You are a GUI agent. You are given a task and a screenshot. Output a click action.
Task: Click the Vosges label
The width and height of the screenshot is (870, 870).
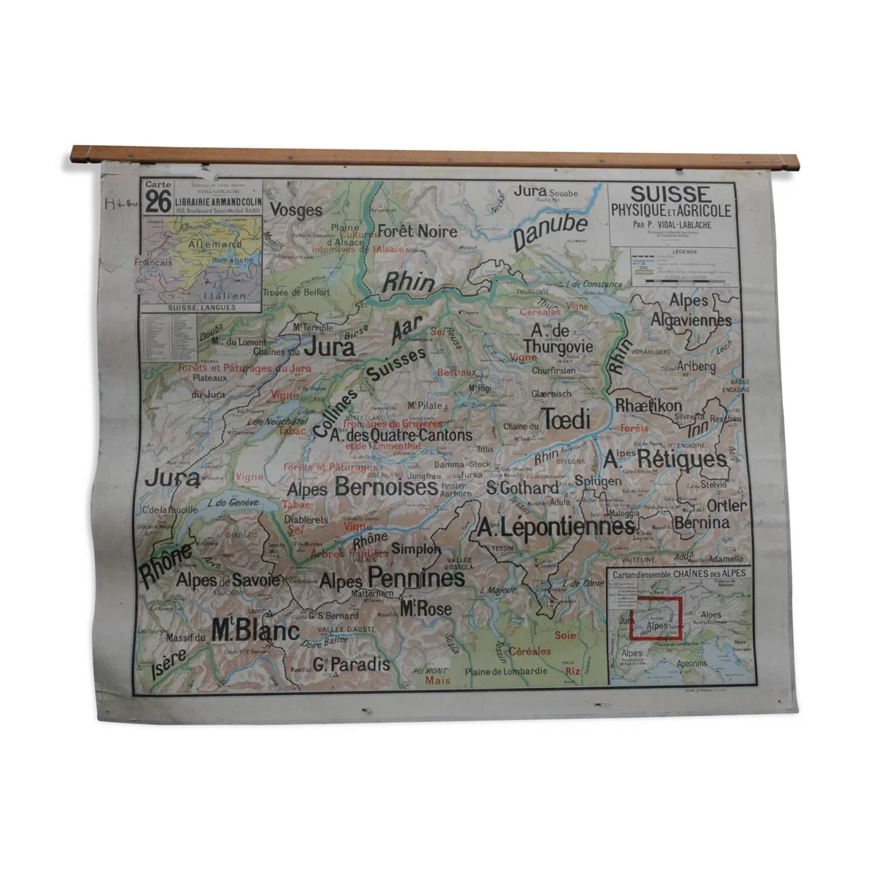click(296, 210)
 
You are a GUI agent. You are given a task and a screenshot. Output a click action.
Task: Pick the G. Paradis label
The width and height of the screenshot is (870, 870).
click(352, 664)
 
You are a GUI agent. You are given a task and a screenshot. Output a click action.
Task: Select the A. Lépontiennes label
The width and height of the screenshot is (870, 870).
click(556, 528)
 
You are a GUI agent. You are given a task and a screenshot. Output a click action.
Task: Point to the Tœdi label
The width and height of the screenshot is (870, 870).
click(565, 419)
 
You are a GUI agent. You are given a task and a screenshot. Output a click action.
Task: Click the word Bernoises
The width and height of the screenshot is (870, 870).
click(386, 487)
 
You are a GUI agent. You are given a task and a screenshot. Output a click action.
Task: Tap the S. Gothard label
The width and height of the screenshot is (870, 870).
click(523, 488)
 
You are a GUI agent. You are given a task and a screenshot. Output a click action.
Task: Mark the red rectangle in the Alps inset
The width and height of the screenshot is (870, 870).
click(657, 619)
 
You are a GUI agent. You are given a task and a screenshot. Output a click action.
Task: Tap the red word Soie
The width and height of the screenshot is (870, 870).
click(565, 636)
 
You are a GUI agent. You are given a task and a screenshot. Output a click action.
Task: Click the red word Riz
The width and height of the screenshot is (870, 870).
click(573, 672)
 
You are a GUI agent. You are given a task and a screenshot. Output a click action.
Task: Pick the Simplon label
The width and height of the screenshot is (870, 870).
click(415, 550)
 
